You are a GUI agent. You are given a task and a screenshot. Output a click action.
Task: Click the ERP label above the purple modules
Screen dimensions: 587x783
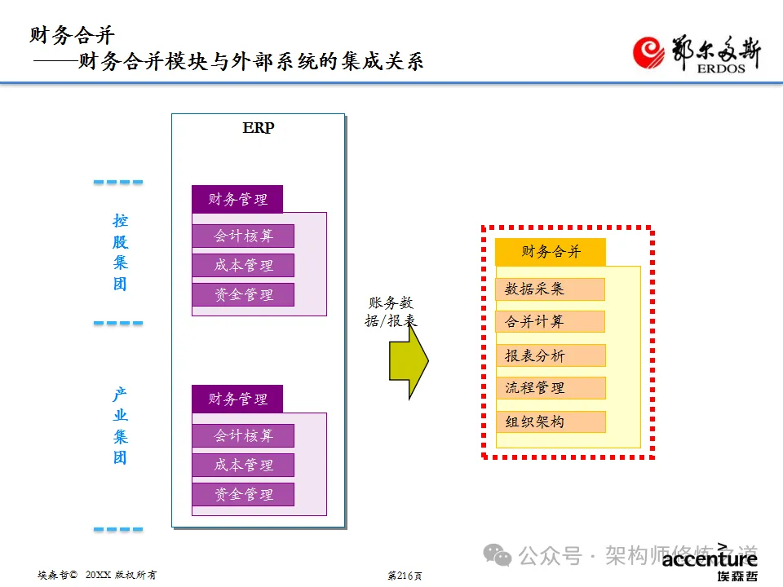(259, 128)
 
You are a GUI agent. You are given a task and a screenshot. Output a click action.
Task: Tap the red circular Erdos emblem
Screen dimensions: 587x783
(652, 54)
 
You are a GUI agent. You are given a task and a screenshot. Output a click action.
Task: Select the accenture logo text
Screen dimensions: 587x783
(710, 559)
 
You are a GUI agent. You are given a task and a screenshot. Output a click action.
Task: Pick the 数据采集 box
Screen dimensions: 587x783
(550, 289)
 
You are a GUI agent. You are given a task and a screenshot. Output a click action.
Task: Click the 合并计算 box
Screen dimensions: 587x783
(550, 321)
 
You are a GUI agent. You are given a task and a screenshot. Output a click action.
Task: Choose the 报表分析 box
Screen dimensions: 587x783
(550, 355)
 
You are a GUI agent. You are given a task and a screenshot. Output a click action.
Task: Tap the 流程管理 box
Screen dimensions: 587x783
(550, 388)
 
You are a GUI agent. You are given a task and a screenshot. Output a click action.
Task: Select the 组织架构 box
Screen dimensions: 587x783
(550, 421)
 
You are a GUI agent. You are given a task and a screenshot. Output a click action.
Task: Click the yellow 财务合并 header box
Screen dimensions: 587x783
(551, 252)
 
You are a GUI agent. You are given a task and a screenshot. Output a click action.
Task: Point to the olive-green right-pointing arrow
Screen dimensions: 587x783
(409, 359)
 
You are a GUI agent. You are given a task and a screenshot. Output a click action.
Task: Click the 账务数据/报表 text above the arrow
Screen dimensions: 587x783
(391, 312)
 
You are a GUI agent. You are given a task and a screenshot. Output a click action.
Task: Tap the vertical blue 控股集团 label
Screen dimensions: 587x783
(121, 253)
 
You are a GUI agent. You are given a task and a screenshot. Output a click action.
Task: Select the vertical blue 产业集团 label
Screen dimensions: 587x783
(121, 426)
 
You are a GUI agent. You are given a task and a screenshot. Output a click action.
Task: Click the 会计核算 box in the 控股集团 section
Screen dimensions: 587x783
(243, 236)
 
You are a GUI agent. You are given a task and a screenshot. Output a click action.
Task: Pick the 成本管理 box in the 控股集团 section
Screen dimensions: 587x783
(243, 266)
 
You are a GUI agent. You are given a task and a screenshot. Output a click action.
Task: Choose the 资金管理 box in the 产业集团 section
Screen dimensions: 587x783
(243, 494)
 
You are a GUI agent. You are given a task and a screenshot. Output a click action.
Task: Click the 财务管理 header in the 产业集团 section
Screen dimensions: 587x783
(237, 399)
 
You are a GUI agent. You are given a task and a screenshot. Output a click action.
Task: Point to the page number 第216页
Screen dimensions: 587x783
(405, 576)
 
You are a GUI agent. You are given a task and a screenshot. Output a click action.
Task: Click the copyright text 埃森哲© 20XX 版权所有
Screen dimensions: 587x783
(97, 575)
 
